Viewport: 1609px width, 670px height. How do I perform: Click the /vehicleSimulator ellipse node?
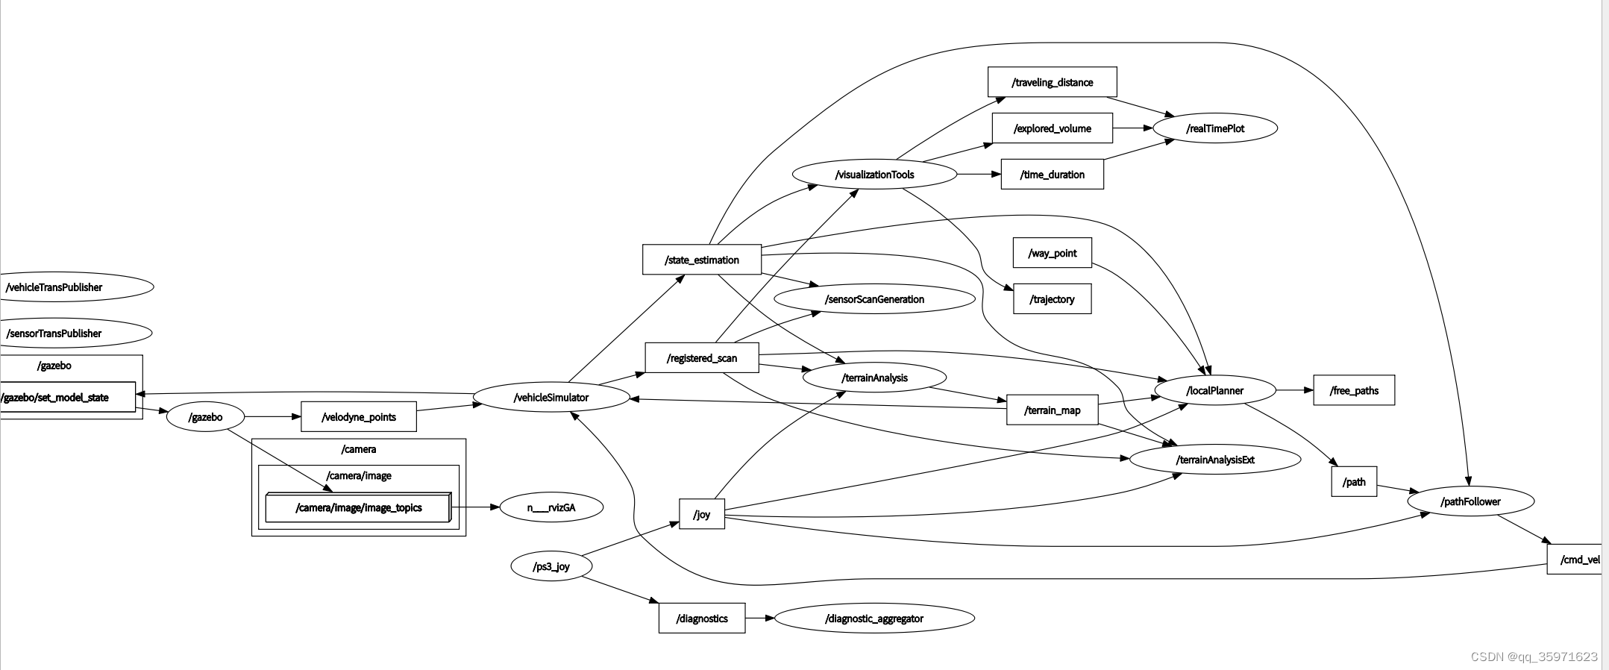tap(551, 397)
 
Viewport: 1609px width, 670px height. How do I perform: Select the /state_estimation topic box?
tap(701, 260)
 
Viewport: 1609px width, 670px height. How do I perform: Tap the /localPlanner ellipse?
tap(1214, 390)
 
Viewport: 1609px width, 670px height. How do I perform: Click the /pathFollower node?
tap(1470, 501)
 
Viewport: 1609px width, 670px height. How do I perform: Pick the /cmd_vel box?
tap(1575, 560)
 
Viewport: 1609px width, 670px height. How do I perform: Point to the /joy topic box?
tap(701, 514)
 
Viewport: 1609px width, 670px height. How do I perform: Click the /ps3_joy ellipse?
tap(551, 566)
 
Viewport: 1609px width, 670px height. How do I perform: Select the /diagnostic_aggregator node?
tap(874, 619)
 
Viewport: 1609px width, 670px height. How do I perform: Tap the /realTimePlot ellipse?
tap(1215, 128)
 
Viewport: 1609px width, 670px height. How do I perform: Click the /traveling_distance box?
tap(1052, 82)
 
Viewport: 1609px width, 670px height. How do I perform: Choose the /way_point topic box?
tap(1052, 253)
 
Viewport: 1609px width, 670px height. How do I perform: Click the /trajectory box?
tap(1052, 299)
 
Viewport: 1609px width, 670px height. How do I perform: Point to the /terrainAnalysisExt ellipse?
tap(1215, 460)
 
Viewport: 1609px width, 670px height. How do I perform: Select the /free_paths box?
tap(1353, 390)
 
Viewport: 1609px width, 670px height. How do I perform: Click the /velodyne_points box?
tap(358, 417)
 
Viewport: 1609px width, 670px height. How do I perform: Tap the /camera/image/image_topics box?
tap(358, 508)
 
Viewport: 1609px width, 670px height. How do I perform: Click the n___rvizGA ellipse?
tap(551, 507)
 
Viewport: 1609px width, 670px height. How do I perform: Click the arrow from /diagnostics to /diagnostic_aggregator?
tap(759, 618)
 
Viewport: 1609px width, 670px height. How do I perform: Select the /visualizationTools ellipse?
tap(874, 175)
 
